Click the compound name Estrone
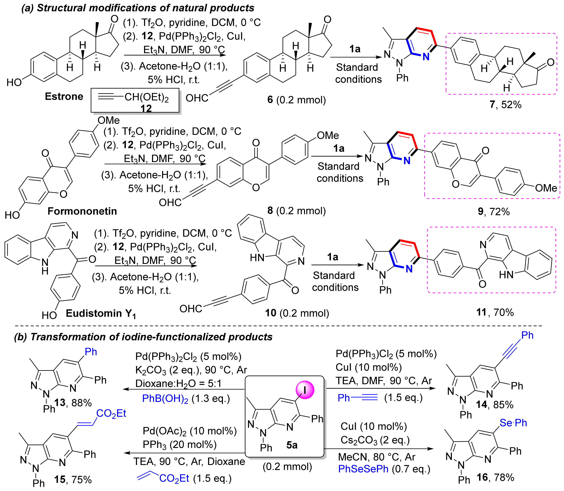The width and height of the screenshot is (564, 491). (64, 97)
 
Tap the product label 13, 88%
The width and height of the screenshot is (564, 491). (73, 402)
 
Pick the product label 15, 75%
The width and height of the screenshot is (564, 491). (73, 479)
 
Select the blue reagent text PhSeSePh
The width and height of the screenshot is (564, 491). (363, 469)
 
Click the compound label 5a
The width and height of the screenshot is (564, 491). (292, 445)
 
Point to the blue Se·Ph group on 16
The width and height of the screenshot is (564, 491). (513, 423)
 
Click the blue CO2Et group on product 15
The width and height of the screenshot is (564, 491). (111, 413)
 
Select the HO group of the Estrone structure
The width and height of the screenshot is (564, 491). (14, 82)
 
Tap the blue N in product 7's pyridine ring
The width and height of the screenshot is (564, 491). (426, 57)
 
